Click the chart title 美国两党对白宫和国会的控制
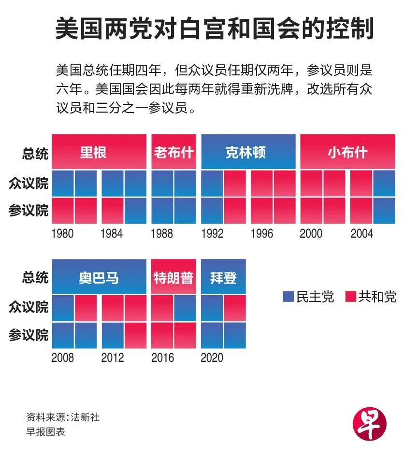(x=214, y=30)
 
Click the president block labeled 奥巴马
(x=99, y=277)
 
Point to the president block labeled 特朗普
(x=173, y=277)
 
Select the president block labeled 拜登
(x=223, y=277)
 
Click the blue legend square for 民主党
(x=288, y=297)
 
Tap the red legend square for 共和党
(x=351, y=297)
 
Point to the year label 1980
(x=62, y=234)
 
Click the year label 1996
(x=262, y=234)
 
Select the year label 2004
(x=361, y=234)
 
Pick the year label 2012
(x=113, y=358)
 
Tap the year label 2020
(x=212, y=358)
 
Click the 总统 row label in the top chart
(x=35, y=154)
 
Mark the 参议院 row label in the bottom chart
(x=29, y=335)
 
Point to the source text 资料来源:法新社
(x=63, y=417)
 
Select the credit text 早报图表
(x=45, y=431)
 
